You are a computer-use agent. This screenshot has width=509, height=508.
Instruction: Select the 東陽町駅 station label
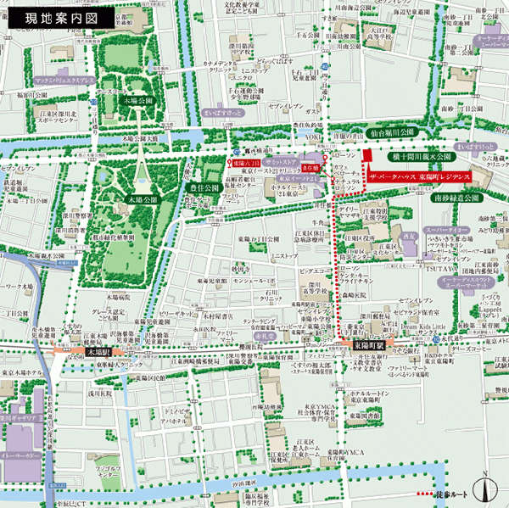369,346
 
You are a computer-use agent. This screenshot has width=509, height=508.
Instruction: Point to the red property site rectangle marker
366,157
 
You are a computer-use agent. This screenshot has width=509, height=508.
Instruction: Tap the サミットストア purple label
278,160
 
